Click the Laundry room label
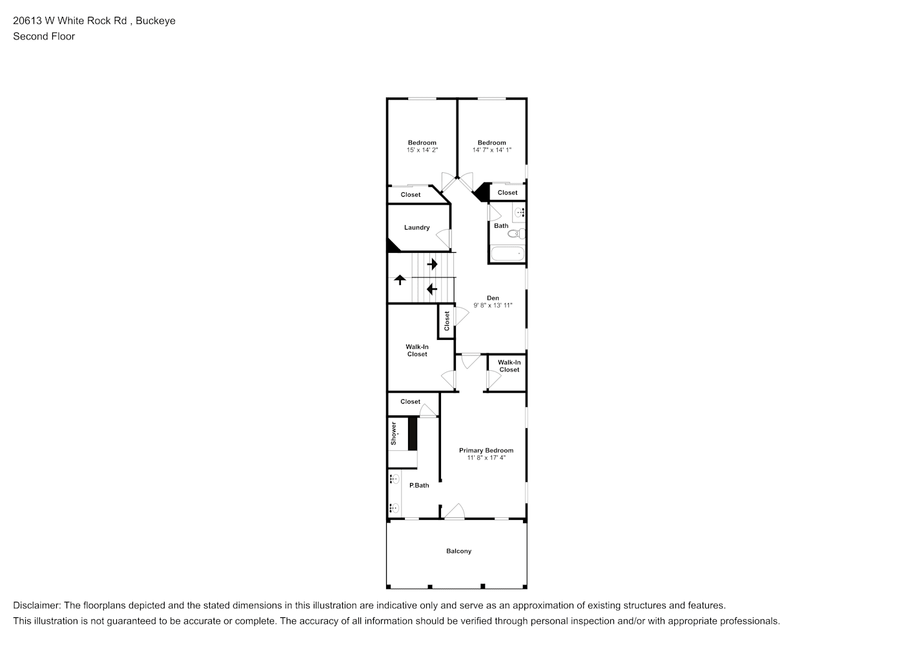(x=416, y=228)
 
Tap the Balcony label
(x=458, y=551)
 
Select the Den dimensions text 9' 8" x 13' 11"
(x=493, y=305)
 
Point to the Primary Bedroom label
(x=486, y=450)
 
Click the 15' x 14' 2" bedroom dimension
(x=422, y=150)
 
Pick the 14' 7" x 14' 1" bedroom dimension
(x=491, y=150)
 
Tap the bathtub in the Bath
(x=508, y=253)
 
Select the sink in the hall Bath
(x=520, y=213)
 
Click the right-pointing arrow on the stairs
(x=432, y=264)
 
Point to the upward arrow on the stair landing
(x=400, y=280)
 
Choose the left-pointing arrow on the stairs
(x=431, y=290)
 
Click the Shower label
(x=393, y=433)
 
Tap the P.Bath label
(x=419, y=486)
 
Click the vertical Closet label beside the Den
(x=447, y=321)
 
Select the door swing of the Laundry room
(x=444, y=238)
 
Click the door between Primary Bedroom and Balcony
(x=455, y=511)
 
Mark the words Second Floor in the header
(x=44, y=36)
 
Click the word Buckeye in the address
(x=156, y=21)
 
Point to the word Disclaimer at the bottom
(x=37, y=606)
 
